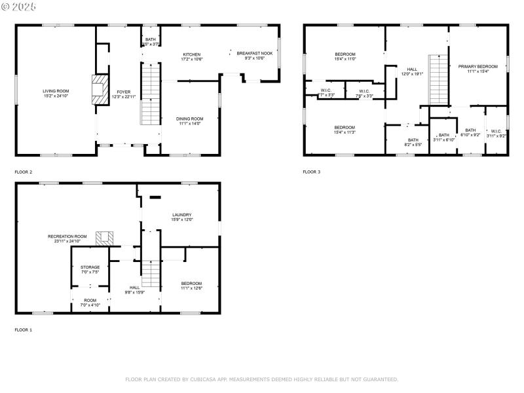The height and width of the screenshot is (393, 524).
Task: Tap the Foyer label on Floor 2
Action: pos(124,92)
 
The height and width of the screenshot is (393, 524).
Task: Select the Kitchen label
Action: pos(192,54)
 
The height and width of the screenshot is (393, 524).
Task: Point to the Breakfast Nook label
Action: pos(251,54)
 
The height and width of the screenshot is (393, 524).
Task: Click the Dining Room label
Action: pos(189,119)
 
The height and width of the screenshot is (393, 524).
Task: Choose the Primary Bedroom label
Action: pos(477,66)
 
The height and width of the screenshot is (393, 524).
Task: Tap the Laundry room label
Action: pos(181,215)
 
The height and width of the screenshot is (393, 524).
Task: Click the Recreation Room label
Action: pos(67,236)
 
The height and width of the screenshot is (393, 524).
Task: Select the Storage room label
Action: pos(90,267)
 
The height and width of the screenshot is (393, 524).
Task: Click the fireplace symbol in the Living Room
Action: pos(99,89)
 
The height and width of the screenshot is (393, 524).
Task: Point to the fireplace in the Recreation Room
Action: pos(104,238)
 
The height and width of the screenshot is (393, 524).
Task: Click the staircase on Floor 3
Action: pos(438,80)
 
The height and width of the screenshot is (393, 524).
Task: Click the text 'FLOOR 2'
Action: pos(24,172)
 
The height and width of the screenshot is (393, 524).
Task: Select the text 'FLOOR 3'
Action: pos(312,172)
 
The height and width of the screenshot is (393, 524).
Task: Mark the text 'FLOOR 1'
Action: pos(24,330)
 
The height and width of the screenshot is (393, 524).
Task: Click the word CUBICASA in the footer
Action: pos(203,379)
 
